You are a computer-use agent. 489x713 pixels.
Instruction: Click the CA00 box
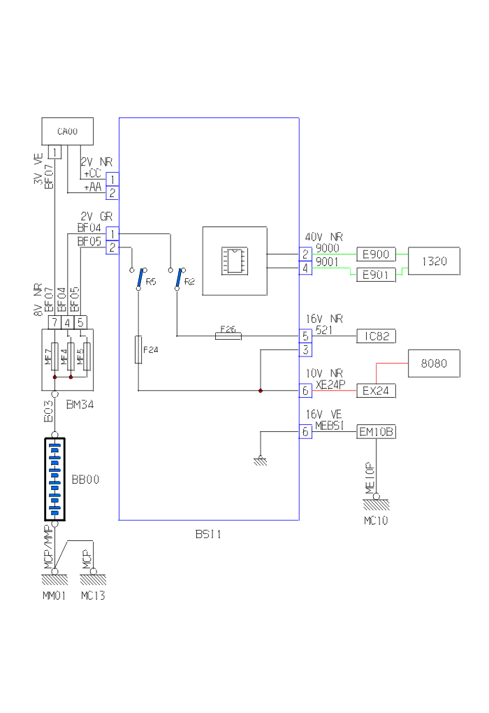[x=68, y=131]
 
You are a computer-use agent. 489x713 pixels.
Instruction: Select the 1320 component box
[x=434, y=261]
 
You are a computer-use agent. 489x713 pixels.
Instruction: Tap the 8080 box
[x=434, y=363]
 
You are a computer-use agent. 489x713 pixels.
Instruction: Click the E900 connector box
[x=377, y=254]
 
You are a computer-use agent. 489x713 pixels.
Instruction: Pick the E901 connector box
[x=377, y=275]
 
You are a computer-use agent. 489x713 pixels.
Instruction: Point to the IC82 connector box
[x=377, y=336]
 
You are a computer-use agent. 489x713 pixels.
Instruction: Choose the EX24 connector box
[x=377, y=391]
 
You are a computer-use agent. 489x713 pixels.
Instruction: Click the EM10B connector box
[x=377, y=432]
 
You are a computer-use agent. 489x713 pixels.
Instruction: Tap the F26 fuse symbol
[x=228, y=336]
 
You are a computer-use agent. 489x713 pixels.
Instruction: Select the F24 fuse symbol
[x=138, y=349]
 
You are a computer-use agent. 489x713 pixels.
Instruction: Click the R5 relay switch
[x=140, y=278]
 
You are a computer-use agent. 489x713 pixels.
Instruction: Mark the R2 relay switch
[x=180, y=278]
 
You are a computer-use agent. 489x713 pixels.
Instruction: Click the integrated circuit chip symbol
[x=234, y=261]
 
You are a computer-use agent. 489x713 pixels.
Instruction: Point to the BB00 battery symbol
[x=54, y=480]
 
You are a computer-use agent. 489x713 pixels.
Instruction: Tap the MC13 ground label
[x=93, y=596]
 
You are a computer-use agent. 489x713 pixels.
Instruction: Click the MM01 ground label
[x=54, y=596]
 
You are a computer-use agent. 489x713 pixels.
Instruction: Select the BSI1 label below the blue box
[x=208, y=535]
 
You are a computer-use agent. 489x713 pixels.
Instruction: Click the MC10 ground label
[x=376, y=520]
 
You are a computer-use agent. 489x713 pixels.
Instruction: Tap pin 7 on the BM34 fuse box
[x=54, y=322]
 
